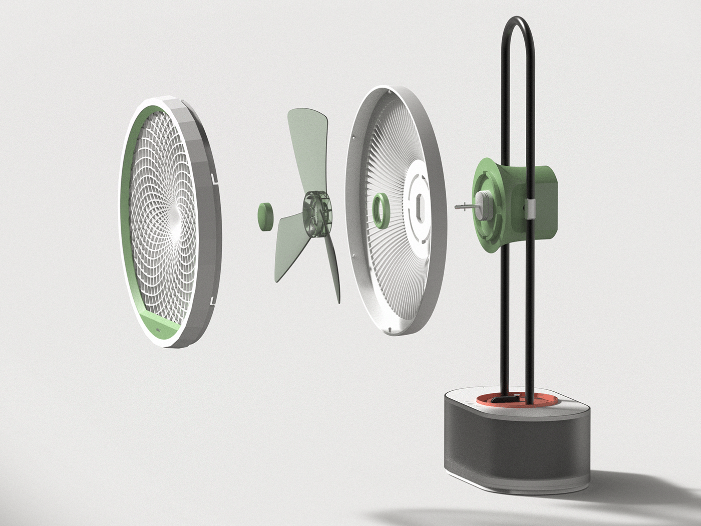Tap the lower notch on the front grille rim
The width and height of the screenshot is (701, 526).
coord(214,301)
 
